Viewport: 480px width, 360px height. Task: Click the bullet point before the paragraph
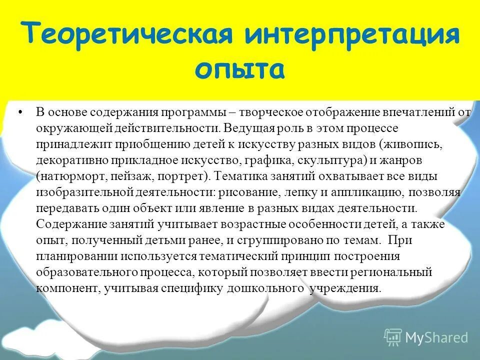tap(20, 112)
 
